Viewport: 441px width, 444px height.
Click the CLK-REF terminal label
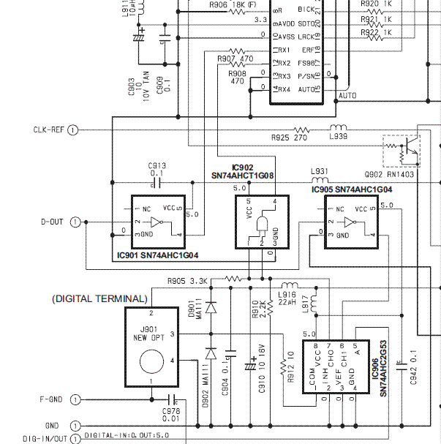click(49, 130)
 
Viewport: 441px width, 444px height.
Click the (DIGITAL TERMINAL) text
click(99, 299)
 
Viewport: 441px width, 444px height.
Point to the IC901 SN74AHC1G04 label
click(158, 255)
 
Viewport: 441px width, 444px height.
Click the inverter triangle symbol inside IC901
click(156, 221)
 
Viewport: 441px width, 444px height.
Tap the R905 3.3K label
click(188, 280)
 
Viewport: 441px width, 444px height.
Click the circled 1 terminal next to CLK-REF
click(73, 130)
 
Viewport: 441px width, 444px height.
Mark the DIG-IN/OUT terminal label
click(46, 439)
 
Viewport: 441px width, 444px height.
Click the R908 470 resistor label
click(237, 77)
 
